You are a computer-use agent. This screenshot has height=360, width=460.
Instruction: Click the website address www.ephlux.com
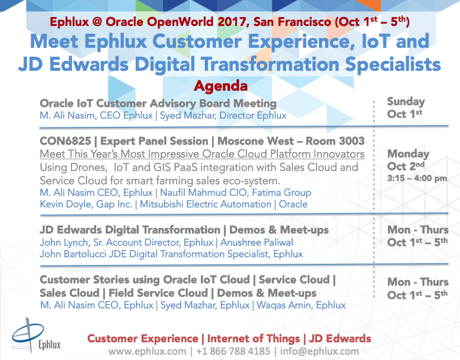pyautogui.click(x=146, y=351)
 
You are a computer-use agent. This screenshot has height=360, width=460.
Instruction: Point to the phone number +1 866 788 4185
pyautogui.click(x=232, y=351)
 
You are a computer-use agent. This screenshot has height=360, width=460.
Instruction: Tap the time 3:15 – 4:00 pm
pyautogui.click(x=417, y=178)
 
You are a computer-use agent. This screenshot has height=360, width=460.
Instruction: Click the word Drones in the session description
pyautogui.click(x=86, y=167)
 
